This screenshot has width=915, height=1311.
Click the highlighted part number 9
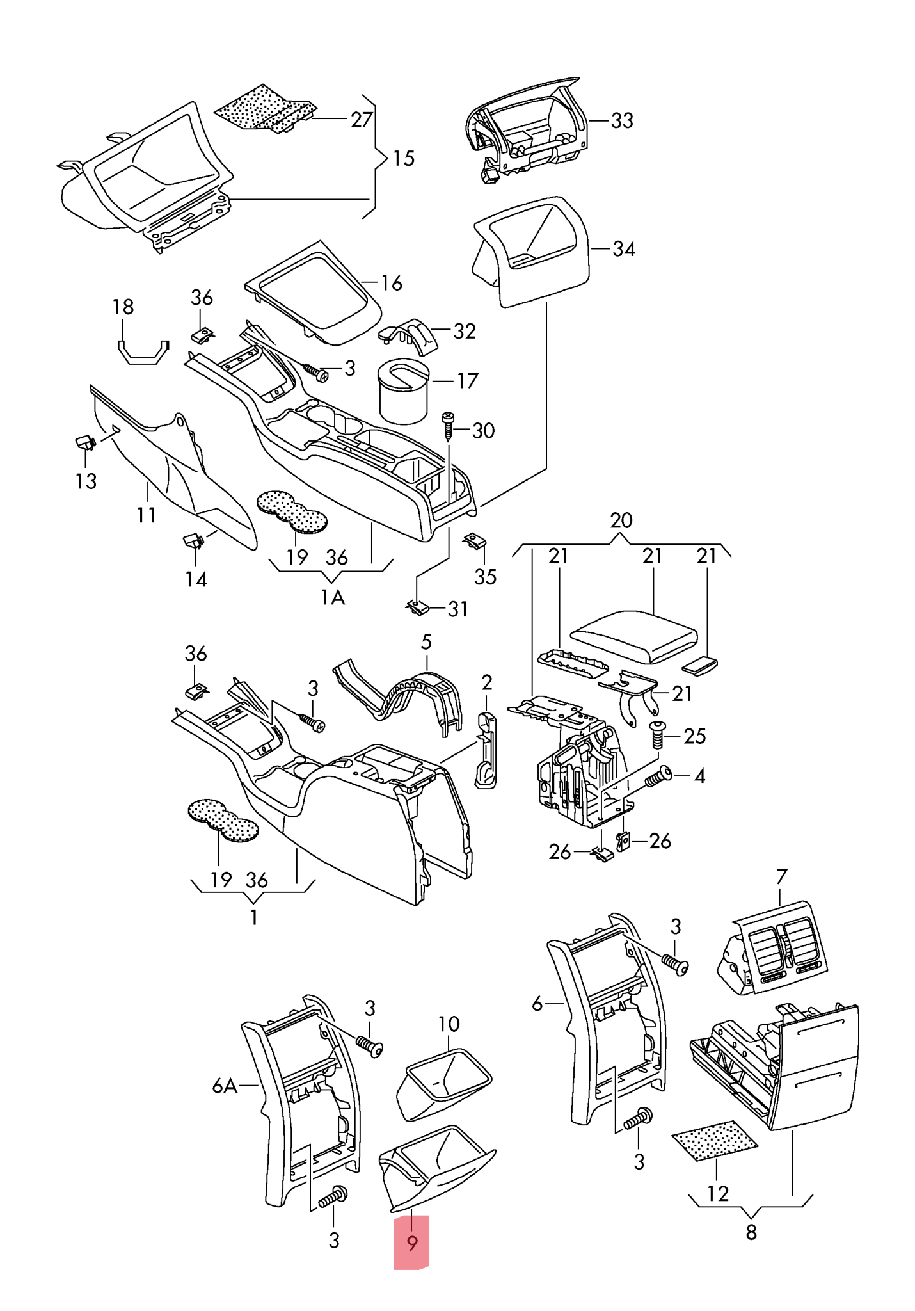point(412,1243)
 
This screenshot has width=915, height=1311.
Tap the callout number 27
point(362,119)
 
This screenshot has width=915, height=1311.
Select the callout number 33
point(622,120)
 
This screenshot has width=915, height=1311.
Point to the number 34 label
point(624,248)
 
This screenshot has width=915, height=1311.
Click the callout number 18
point(123,307)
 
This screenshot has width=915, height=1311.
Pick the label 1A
point(332,597)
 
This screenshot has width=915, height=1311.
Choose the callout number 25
point(695,736)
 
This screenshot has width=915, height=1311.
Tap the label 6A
point(225,1086)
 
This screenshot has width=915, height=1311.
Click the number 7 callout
point(781,876)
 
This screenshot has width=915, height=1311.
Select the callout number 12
point(718,1193)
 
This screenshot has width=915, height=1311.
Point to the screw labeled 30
point(448,426)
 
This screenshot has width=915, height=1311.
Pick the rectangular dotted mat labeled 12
point(714,1141)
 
